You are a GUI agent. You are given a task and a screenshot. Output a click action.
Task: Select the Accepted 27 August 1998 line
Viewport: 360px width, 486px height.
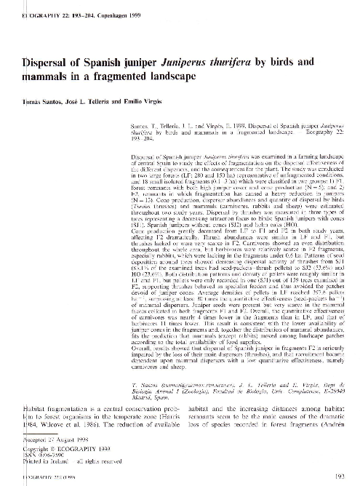44,442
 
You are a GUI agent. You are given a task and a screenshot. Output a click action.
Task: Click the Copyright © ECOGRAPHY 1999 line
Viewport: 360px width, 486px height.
50,448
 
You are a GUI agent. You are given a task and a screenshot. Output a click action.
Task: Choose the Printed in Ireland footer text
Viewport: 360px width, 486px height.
37,461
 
